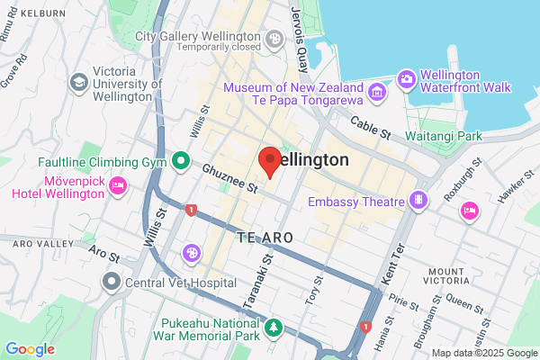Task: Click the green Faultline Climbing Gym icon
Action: pos(180,161)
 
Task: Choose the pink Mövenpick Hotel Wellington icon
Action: pos(117,185)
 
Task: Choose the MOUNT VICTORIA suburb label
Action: pos(452,279)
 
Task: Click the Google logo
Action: pos(30,349)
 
